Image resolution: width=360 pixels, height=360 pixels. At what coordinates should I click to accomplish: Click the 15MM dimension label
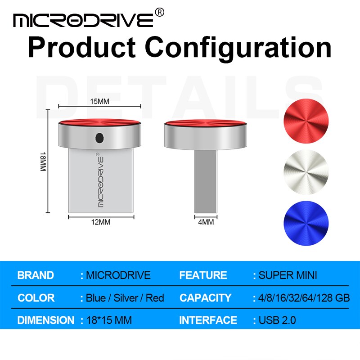(x=100, y=101)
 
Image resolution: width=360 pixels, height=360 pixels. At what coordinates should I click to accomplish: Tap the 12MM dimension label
(x=101, y=221)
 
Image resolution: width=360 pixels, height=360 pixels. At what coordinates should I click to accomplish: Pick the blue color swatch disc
(x=306, y=222)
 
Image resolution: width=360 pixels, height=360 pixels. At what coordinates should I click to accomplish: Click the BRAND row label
(x=36, y=275)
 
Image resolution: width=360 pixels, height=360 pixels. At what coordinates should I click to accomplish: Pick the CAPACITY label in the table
(x=205, y=298)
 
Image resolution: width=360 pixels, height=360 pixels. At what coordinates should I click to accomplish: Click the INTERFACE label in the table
(x=208, y=320)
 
